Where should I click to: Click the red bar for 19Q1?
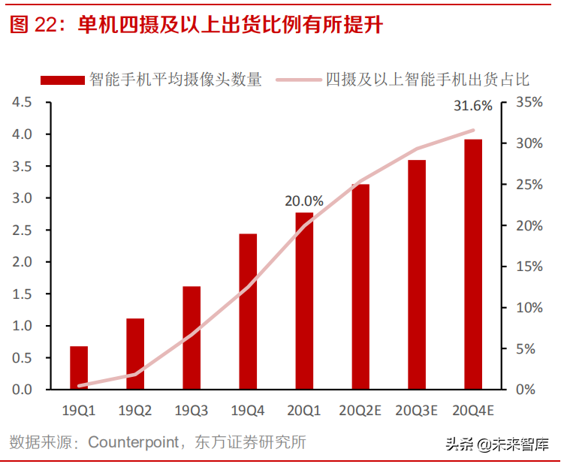79,368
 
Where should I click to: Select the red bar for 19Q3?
192,338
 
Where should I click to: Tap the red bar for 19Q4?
248,312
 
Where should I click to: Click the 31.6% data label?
473,107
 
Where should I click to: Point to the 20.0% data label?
304,201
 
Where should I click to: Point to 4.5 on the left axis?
23,102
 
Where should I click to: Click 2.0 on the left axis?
23,262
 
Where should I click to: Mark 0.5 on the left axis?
23,358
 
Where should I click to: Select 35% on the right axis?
526,102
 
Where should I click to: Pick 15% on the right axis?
526,267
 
